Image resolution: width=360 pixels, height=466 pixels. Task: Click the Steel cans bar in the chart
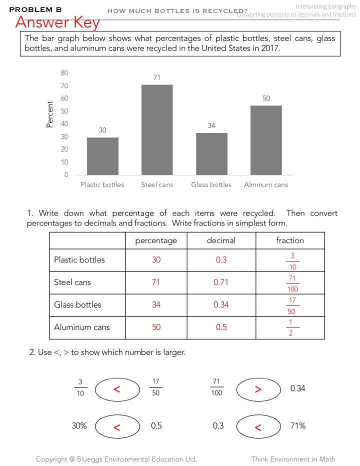[157, 129]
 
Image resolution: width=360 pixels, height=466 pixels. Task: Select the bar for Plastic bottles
[102, 156]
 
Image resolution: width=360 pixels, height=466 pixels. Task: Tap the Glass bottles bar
[211, 153]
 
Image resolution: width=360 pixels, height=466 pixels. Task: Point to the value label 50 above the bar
[266, 98]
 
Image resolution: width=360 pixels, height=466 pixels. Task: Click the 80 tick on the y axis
[64, 72]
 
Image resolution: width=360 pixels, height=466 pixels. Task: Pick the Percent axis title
[49, 114]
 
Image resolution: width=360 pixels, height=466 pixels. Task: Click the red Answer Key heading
[57, 22]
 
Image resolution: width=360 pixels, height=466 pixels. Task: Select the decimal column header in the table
[221, 240]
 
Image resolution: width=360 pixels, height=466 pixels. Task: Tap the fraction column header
[290, 240]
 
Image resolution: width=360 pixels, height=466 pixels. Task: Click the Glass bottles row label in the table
[77, 305]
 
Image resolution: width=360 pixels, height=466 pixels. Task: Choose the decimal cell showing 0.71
[221, 282]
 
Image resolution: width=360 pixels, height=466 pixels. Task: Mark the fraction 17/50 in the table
[292, 305]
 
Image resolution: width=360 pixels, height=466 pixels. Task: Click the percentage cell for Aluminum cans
[156, 327]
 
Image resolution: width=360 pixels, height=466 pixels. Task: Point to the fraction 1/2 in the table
[290, 327]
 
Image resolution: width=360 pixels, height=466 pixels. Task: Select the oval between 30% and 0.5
[117, 427]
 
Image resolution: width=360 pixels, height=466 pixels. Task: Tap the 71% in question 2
[298, 426]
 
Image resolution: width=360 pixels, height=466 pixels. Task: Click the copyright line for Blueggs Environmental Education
[116, 459]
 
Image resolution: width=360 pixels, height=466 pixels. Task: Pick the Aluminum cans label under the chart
[266, 185]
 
